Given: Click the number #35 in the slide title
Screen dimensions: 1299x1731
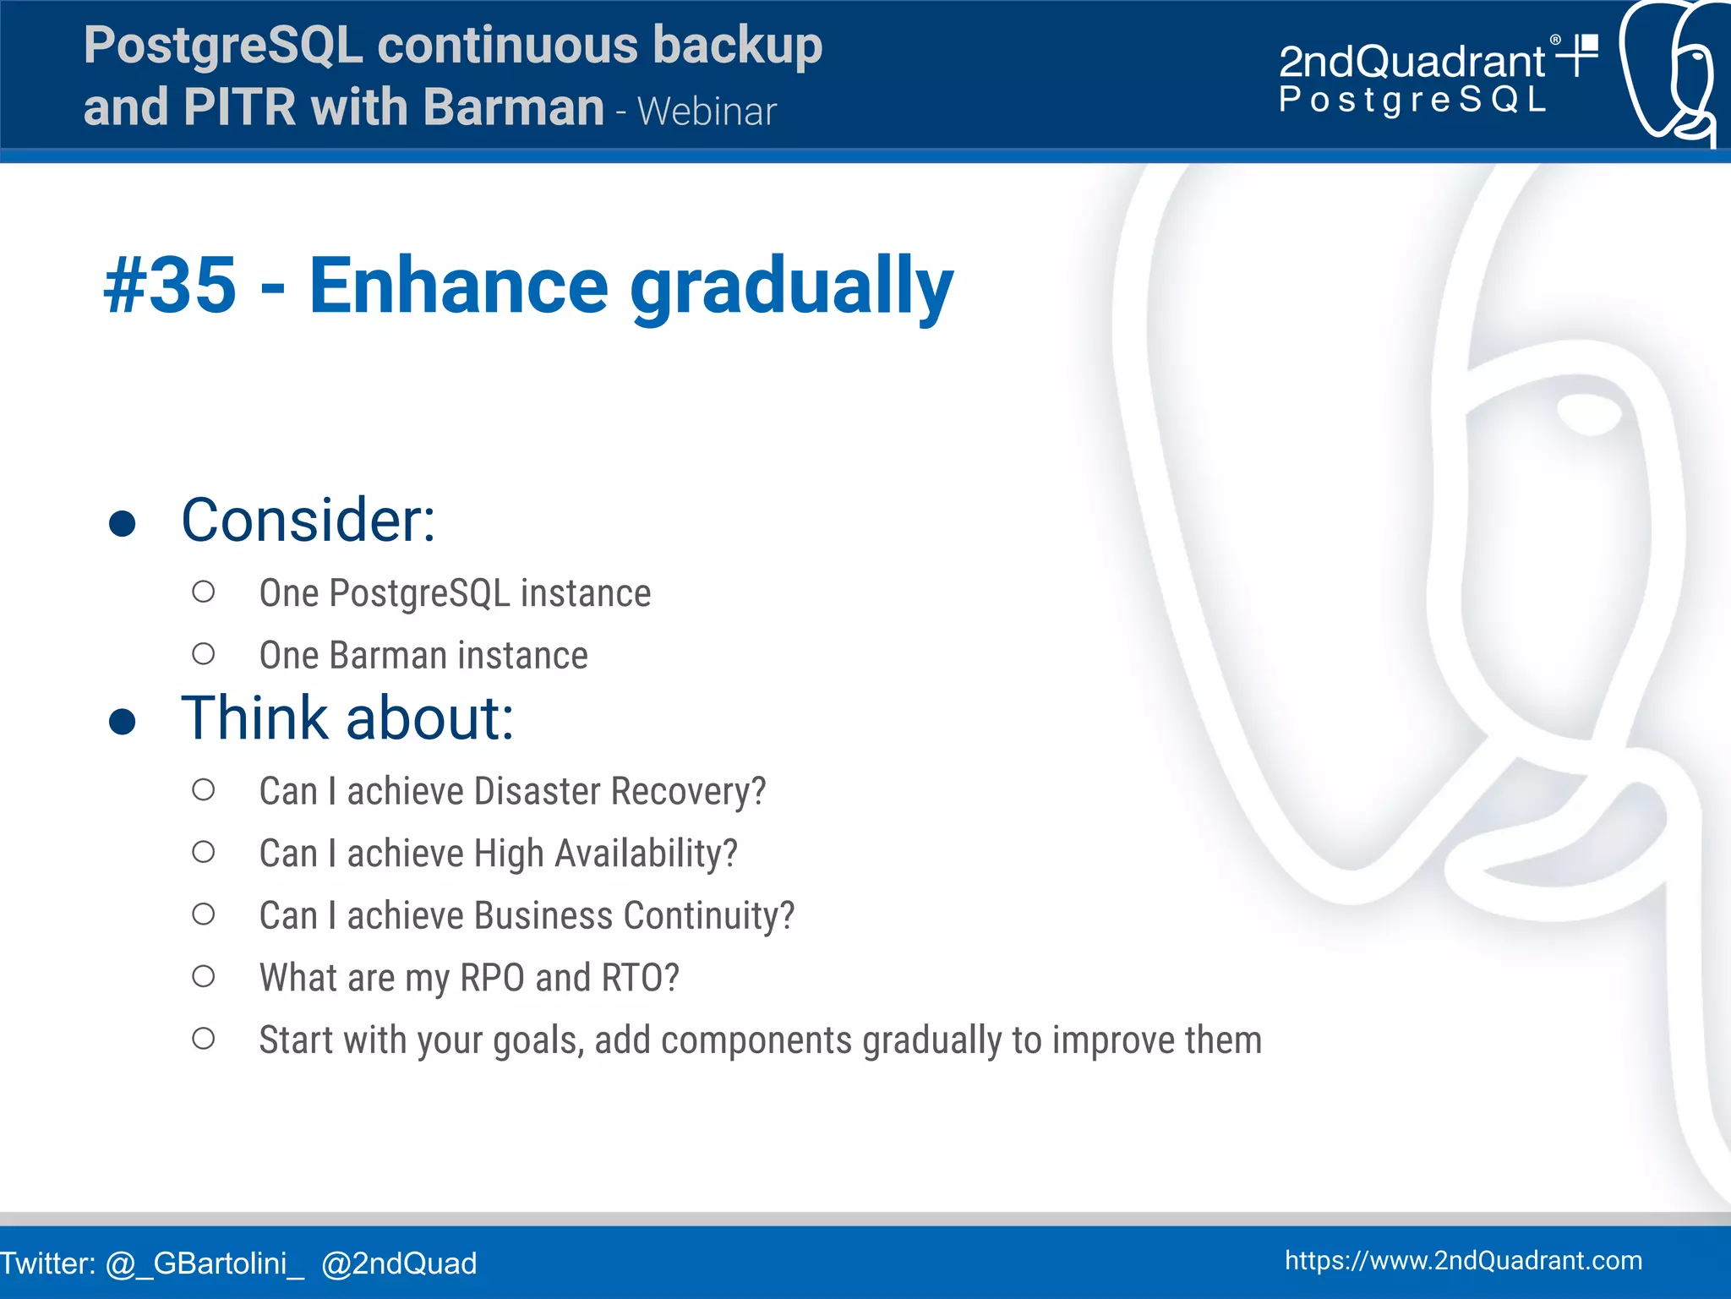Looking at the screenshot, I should click(170, 286).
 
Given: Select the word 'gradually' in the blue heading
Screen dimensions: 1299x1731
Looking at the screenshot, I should click(791, 287).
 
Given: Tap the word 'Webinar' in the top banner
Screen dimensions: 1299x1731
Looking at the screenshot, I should click(707, 112).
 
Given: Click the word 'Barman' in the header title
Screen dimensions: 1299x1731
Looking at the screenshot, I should click(513, 107).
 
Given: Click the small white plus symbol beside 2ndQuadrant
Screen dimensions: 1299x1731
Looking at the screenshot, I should click(1577, 55).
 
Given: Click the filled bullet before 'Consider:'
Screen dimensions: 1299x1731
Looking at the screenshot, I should click(123, 523).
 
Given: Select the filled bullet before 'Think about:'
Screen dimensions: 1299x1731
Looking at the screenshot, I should click(123, 721).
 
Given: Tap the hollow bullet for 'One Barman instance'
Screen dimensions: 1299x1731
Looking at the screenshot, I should click(203, 654).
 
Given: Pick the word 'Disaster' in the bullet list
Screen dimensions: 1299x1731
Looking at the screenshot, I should click(537, 792).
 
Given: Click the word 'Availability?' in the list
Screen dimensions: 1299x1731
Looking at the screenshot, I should click(646, 854).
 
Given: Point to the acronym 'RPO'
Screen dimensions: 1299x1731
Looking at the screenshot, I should click(492, 978).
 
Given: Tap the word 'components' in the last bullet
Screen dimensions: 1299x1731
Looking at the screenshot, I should click(756, 1040).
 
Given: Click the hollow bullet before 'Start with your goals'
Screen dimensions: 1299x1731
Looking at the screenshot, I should click(203, 1039).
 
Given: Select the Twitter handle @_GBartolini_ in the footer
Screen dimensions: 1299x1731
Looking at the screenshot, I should click(204, 1264).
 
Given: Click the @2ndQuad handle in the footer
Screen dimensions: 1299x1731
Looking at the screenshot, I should click(399, 1264).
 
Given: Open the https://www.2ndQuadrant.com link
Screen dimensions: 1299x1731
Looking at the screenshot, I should click(1463, 1260).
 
